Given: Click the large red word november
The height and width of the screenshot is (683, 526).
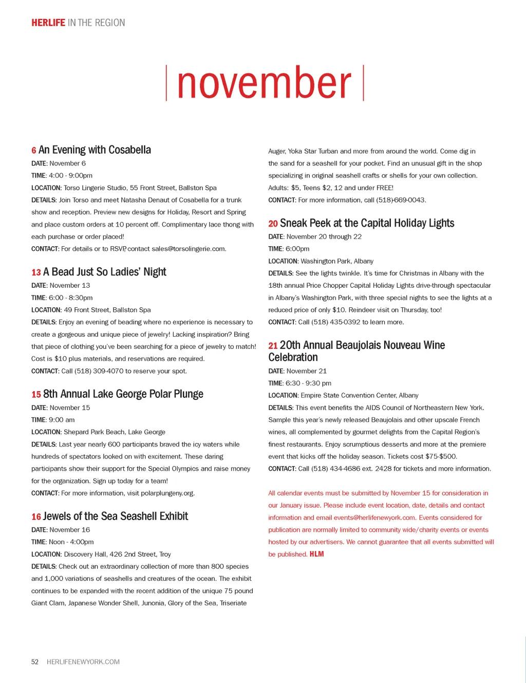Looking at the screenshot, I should click(x=264, y=83).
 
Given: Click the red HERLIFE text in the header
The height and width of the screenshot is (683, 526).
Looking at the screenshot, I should click(x=48, y=23).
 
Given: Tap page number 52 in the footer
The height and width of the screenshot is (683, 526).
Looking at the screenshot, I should click(x=35, y=662).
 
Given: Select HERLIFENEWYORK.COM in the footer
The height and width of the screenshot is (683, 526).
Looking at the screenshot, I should click(x=83, y=662).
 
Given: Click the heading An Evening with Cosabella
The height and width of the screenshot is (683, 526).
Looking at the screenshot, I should click(x=95, y=150).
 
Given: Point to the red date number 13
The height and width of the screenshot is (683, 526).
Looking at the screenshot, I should click(x=36, y=272).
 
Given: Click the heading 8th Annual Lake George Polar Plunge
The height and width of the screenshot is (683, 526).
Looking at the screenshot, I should click(x=123, y=394).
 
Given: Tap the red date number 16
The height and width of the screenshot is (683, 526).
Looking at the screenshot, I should click(x=36, y=517).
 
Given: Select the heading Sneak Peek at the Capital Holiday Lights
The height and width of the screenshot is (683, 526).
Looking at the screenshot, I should click(x=367, y=223).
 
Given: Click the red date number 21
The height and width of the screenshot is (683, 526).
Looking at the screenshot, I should click(x=273, y=346).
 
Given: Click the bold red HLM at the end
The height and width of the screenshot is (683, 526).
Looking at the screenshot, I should click(x=316, y=554).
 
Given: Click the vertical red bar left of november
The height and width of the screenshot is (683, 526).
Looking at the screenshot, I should click(x=166, y=83).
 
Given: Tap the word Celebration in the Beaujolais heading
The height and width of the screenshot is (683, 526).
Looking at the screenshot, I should click(x=293, y=357).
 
